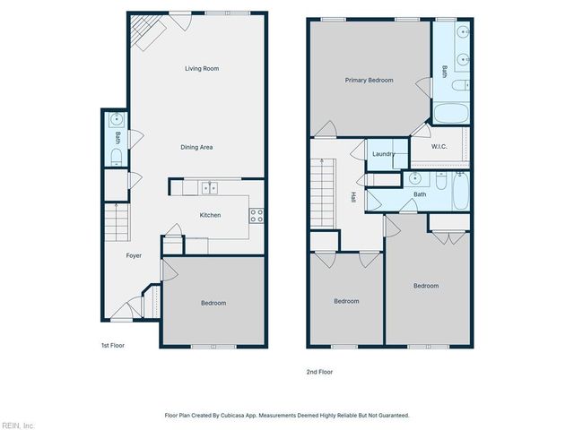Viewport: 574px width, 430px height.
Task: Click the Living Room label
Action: click(202, 68)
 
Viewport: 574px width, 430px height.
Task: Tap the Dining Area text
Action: click(198, 147)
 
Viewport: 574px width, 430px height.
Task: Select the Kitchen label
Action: click(210, 215)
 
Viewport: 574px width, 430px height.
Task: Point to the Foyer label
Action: click(134, 255)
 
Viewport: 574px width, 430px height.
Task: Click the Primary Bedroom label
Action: click(369, 80)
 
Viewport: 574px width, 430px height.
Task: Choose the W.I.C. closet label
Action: click(439, 147)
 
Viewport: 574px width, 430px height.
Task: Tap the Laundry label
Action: click(383, 154)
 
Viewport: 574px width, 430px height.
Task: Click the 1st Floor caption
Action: click(112, 345)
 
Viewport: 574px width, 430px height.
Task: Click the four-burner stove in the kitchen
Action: click(257, 215)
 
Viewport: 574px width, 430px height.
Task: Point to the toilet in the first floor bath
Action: click(117, 157)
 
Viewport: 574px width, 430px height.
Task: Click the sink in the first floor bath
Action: click(117, 119)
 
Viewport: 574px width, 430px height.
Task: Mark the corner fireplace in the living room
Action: click(143, 32)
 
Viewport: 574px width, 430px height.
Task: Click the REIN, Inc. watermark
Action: click(17, 425)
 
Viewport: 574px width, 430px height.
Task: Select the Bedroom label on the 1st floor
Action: click(213, 303)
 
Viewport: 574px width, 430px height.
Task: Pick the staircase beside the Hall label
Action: click(324, 191)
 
